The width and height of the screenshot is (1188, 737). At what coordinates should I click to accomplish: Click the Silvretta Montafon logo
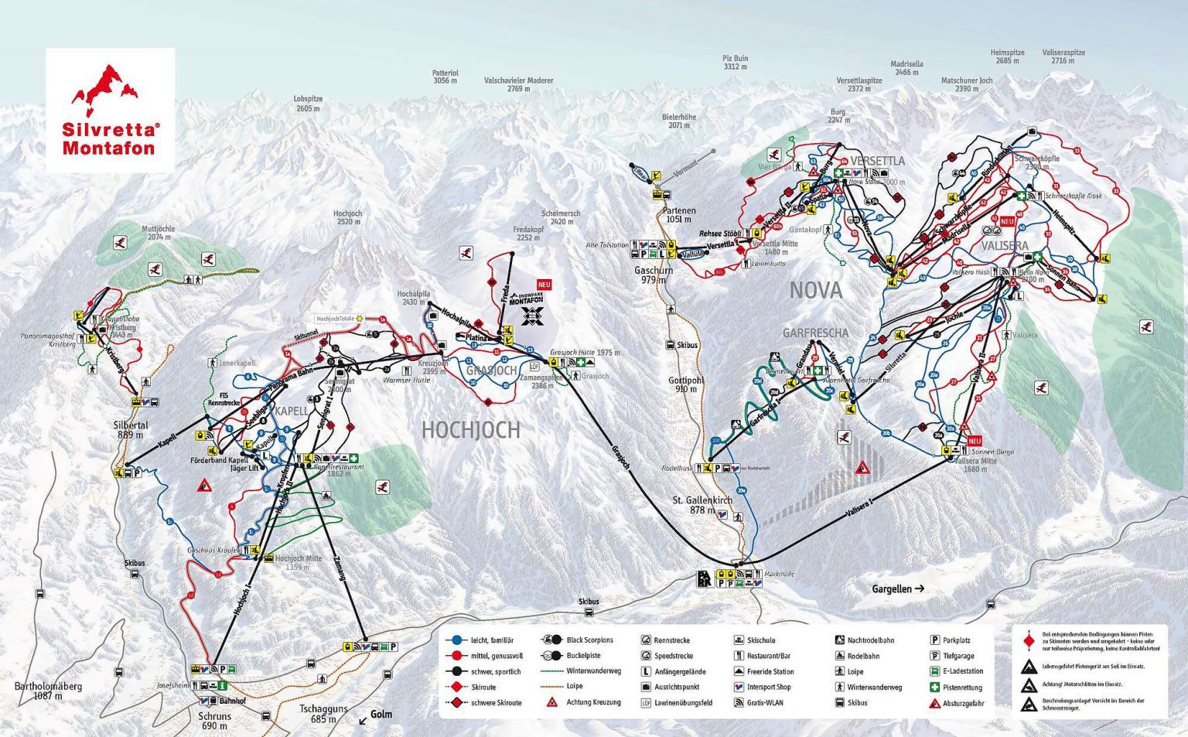pyautogui.click(x=109, y=110)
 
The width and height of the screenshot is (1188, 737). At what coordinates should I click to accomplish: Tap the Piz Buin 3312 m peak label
pyautogui.click(x=735, y=62)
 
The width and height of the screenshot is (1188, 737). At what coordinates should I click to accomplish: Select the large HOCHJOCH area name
pyautogui.click(x=470, y=430)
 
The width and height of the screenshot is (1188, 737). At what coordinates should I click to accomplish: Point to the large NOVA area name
pyautogui.click(x=815, y=291)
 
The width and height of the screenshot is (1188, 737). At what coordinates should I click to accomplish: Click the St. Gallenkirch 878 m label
pyautogui.click(x=702, y=505)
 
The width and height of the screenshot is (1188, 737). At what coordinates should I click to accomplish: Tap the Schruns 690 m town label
pyautogui.click(x=215, y=721)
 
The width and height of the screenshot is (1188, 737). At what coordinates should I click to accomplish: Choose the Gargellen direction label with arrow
pyautogui.click(x=898, y=589)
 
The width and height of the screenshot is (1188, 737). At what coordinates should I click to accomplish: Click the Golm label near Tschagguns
pyautogui.click(x=381, y=714)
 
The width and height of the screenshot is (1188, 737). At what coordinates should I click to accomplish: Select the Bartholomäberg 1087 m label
pyautogui.click(x=48, y=691)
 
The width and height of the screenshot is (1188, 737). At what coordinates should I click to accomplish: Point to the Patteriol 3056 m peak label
pyautogui.click(x=445, y=77)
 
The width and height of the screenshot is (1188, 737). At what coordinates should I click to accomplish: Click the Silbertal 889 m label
pyautogui.click(x=131, y=430)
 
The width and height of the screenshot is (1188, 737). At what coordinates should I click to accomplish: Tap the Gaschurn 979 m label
pyautogui.click(x=654, y=275)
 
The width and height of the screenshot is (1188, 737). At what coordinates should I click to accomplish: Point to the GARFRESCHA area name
pyautogui.click(x=815, y=333)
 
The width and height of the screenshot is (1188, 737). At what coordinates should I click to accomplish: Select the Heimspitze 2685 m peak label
pyautogui.click(x=1007, y=56)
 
